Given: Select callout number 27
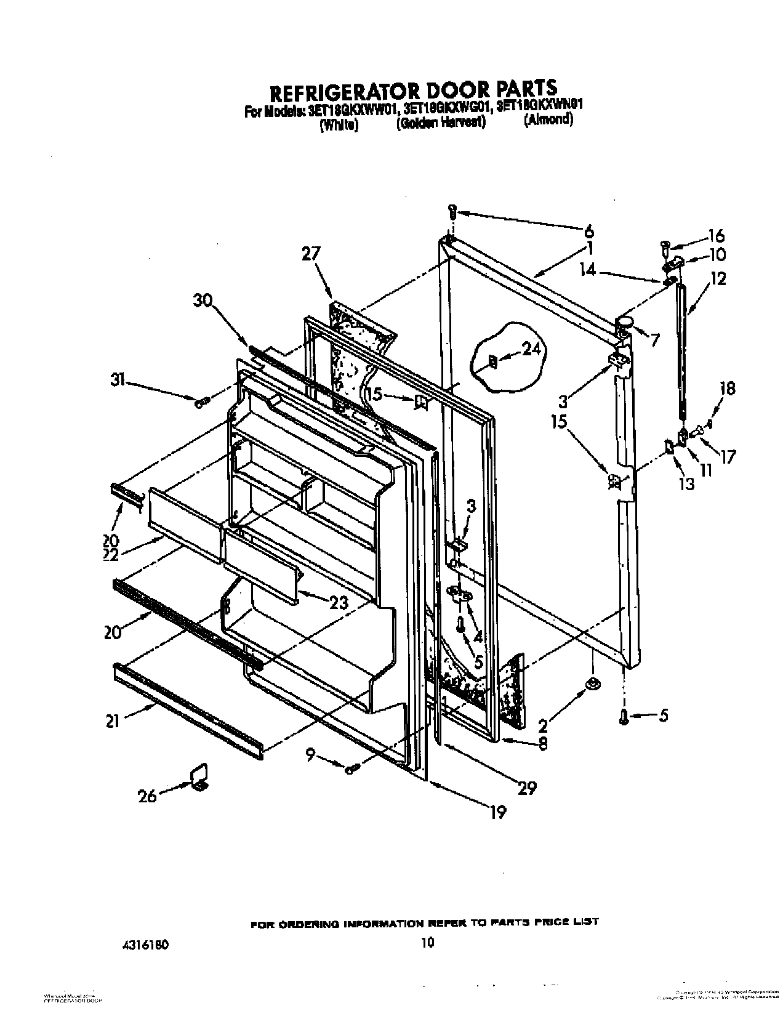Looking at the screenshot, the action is pos(312,254).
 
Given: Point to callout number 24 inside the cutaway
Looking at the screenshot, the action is pos(532,350).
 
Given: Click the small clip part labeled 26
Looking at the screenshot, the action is pos(199,777).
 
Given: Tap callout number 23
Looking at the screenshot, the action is pos(338,602).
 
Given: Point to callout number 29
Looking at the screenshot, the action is pos(528,787).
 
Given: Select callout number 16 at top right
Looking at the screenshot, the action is pos(716,235).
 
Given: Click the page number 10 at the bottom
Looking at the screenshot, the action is pos(428,941).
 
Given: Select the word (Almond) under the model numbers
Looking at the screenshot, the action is pos(548,120).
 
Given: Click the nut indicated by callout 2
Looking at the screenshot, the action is pos(592,682).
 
